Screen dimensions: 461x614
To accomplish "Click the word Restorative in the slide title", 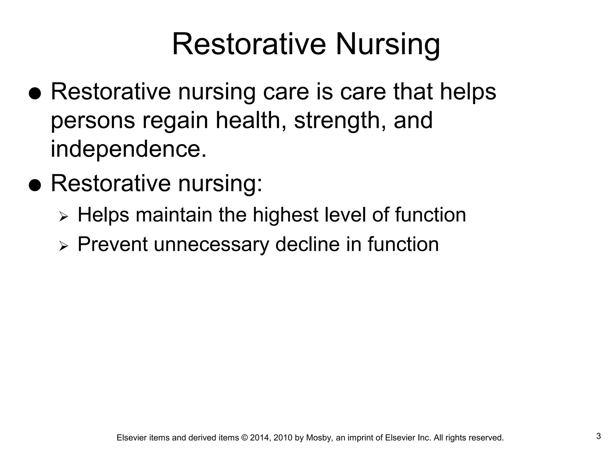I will (x=249, y=44).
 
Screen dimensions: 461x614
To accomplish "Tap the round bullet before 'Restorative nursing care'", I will (x=34, y=94).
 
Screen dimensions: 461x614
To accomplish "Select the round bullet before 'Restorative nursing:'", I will (x=34, y=185).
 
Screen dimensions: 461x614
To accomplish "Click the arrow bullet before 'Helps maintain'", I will (x=64, y=216).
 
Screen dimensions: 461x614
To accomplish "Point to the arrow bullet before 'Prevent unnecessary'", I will (x=64, y=246).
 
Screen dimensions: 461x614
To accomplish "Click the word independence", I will (x=128, y=149).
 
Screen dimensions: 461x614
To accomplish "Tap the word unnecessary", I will (x=211, y=245).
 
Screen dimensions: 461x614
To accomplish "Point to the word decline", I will (x=307, y=244).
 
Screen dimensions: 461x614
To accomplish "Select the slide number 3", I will (x=598, y=436).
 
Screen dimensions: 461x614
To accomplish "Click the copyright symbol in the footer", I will (x=244, y=438).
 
